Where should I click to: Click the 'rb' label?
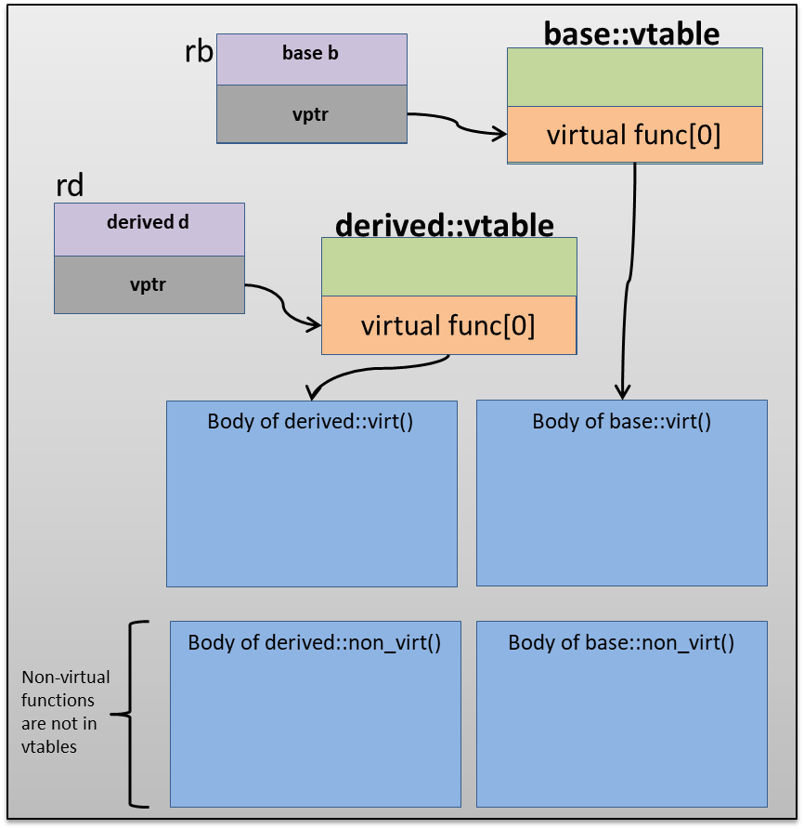[x=200, y=51]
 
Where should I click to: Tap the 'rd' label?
[x=70, y=186]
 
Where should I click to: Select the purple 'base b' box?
[x=311, y=59]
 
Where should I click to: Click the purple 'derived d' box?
[x=149, y=229]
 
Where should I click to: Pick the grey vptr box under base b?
[x=311, y=113]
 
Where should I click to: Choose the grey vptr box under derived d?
[x=149, y=284]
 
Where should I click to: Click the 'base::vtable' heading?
[x=631, y=33]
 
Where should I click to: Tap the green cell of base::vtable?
[x=634, y=78]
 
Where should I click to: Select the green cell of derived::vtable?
[x=448, y=267]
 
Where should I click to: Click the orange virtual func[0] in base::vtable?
[x=634, y=136]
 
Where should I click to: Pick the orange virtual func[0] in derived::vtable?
[x=448, y=325]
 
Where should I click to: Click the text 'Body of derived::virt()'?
[x=310, y=421]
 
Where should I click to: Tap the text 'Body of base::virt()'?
[x=621, y=421]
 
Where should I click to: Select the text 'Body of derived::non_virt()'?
[x=315, y=642]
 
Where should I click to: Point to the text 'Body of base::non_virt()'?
[x=621, y=642]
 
